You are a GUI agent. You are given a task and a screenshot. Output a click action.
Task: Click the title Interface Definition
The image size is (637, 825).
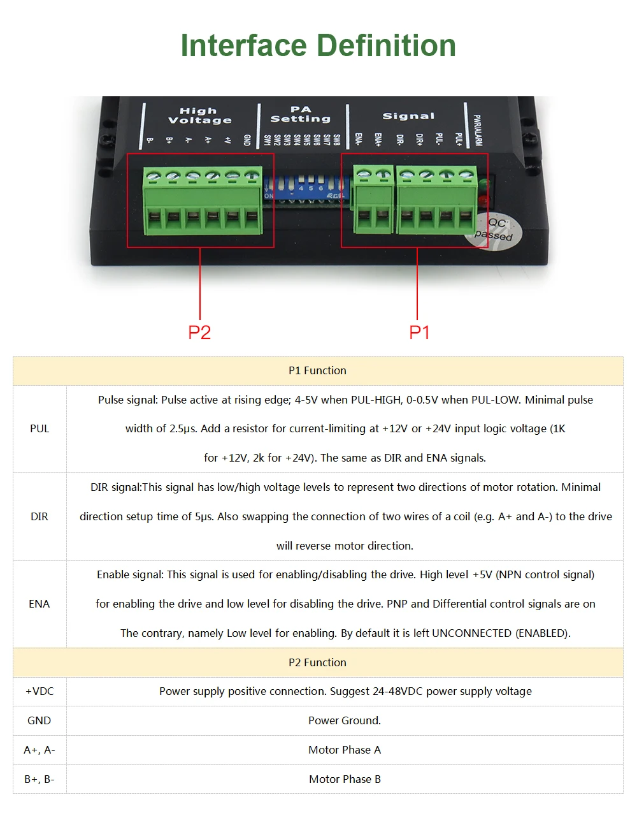click(318, 46)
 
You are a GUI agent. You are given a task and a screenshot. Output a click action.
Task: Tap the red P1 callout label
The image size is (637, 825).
click(419, 332)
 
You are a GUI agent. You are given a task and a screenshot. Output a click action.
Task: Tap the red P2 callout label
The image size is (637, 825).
click(199, 332)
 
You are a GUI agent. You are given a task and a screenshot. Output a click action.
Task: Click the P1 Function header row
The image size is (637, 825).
click(317, 370)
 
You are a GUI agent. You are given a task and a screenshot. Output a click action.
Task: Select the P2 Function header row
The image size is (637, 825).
click(317, 662)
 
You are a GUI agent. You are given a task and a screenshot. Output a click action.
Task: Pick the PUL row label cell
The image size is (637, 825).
click(39, 428)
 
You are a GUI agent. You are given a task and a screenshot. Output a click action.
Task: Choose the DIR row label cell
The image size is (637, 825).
click(39, 516)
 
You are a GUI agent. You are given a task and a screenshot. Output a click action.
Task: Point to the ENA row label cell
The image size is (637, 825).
click(39, 604)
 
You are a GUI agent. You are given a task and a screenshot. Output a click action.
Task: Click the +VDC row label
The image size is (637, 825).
click(39, 691)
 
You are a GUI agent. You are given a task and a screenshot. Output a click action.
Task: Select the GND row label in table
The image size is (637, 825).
click(39, 720)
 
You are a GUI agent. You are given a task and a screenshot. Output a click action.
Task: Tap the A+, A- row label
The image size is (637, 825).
click(39, 750)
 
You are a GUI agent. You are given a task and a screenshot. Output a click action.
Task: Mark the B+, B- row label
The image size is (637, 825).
click(39, 779)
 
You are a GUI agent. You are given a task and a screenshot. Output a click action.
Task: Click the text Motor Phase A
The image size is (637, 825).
click(345, 750)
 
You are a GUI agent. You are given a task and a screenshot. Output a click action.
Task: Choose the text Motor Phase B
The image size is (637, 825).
click(345, 779)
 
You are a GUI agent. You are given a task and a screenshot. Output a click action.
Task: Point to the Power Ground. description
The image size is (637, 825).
click(345, 720)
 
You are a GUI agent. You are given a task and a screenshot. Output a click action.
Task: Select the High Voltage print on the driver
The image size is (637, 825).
click(199, 115)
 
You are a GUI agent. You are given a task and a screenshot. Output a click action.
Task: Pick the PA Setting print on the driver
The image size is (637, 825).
click(301, 114)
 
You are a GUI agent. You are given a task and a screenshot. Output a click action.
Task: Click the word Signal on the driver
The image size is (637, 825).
click(408, 116)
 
